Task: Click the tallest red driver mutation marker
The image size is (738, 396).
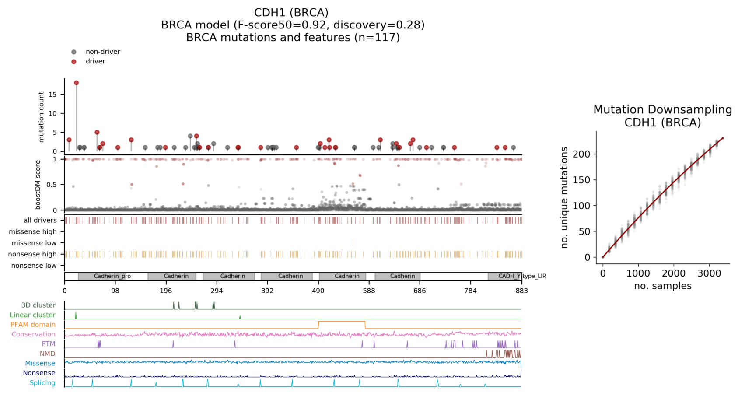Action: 77,83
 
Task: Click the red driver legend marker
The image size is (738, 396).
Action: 74,62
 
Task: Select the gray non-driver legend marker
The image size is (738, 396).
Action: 74,52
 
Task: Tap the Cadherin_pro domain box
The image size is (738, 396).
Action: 112,277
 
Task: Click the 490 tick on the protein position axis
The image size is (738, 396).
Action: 318,291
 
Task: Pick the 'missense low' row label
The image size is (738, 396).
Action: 34,243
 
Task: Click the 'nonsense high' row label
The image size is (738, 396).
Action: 32,254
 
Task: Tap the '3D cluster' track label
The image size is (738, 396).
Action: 38,305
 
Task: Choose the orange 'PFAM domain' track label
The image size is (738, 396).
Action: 33,325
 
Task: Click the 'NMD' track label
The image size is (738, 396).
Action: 48,354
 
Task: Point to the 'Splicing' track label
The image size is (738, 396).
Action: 42,383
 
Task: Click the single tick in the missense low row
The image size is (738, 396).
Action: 353,243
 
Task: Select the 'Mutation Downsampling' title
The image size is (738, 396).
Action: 662,110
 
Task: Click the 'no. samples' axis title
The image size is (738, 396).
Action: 662,286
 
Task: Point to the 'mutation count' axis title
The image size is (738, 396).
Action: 42,117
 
